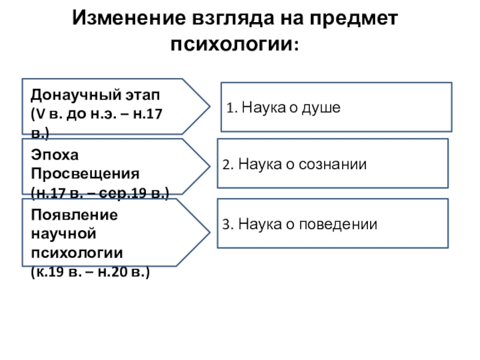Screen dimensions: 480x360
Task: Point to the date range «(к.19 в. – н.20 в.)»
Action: point(91,272)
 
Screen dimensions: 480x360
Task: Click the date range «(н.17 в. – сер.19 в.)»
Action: point(100,193)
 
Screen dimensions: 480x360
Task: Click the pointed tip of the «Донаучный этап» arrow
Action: point(209,106)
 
